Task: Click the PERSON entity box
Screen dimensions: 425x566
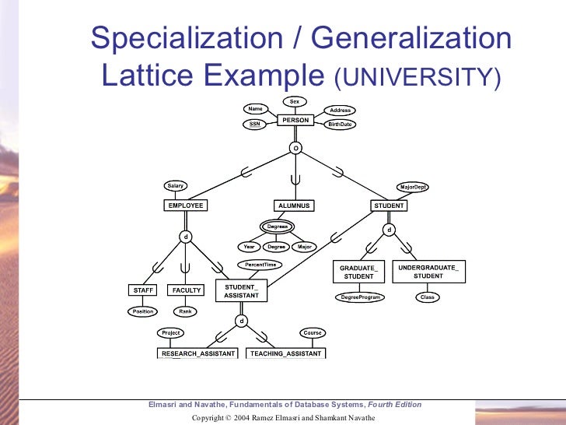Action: (295, 121)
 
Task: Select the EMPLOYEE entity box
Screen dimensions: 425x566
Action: (185, 205)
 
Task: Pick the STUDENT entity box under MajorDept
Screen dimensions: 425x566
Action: (389, 205)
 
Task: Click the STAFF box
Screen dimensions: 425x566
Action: (144, 290)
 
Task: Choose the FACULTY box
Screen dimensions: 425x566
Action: (187, 290)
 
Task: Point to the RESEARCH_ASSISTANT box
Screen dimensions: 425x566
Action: (197, 353)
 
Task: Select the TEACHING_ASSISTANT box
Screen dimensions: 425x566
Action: (285, 353)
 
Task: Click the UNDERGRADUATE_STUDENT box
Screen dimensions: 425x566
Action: (428, 272)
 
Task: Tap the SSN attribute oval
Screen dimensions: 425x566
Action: (254, 124)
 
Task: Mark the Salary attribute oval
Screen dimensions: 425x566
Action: (175, 186)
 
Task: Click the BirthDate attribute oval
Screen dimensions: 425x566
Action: (340, 124)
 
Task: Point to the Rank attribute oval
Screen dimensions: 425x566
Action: (186, 311)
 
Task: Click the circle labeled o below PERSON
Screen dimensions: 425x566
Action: (295, 147)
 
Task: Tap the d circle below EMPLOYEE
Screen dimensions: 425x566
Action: (186, 236)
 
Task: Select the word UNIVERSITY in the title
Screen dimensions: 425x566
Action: (416, 78)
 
